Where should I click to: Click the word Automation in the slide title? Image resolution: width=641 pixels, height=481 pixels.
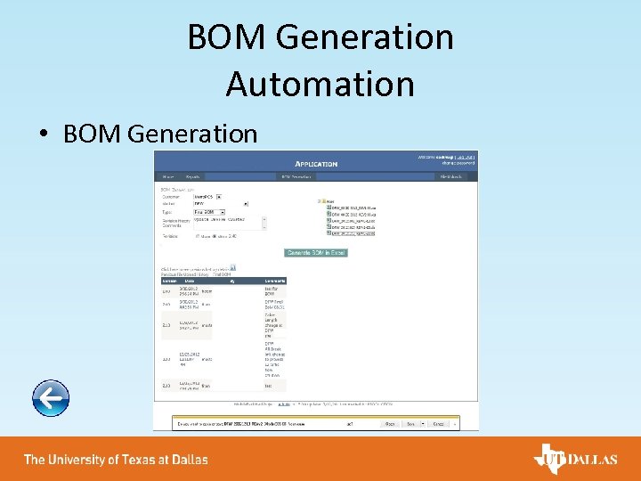pos(320,84)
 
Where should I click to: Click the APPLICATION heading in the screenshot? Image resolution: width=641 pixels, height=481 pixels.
pos(316,164)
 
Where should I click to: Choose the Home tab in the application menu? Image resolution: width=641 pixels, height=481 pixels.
pos(167,176)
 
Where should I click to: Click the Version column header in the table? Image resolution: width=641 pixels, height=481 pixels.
pos(166,281)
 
